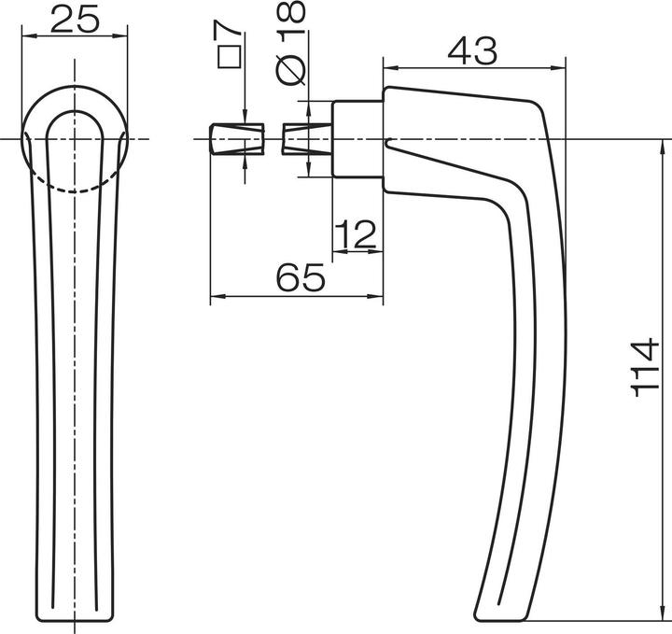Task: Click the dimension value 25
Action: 74,18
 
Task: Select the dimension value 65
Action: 301,278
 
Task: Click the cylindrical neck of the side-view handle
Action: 357,138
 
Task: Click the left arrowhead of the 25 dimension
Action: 26,36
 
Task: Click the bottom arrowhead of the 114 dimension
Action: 665,616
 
